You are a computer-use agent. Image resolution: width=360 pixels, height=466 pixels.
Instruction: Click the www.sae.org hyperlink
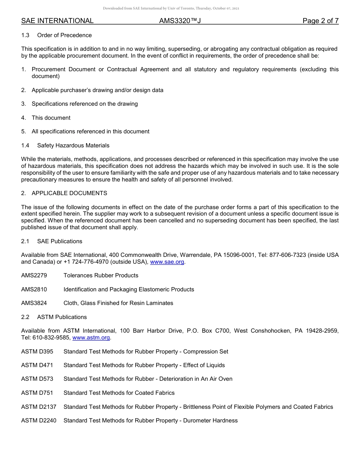(x=167, y=262)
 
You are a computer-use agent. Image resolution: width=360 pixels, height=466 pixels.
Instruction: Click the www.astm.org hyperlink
(x=91, y=338)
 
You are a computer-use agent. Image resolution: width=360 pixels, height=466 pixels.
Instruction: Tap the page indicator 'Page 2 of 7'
(x=320, y=21)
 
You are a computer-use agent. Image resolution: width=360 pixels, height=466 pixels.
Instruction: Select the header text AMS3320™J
(x=180, y=21)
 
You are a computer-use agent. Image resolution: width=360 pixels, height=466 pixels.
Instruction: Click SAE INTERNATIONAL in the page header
(x=57, y=21)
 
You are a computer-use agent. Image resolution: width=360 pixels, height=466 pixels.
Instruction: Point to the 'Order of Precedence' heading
(x=64, y=35)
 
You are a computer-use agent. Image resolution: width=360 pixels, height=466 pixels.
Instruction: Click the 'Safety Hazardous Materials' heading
(x=73, y=145)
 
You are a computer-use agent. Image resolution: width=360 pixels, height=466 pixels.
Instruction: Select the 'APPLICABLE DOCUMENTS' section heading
(x=69, y=193)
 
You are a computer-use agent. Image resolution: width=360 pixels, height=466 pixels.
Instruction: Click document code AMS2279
(x=34, y=275)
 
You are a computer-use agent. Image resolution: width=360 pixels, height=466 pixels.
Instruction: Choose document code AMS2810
(x=34, y=289)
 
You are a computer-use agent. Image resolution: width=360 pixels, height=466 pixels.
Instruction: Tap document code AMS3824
(x=34, y=303)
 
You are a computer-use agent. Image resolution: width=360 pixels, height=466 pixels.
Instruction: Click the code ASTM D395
(x=37, y=352)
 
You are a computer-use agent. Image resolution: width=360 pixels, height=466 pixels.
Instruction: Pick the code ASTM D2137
(x=39, y=407)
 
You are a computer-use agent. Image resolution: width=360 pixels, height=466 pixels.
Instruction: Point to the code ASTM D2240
(x=39, y=421)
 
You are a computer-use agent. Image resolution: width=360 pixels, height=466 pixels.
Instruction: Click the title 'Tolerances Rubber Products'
(x=101, y=275)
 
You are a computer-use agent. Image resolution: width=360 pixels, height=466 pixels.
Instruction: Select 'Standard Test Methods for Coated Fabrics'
(x=119, y=393)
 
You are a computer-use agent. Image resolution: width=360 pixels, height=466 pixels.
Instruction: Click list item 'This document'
(x=51, y=118)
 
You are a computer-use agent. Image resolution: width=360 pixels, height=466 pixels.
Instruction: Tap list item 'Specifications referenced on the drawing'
(x=85, y=104)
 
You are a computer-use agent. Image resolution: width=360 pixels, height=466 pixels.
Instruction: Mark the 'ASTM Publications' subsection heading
(x=62, y=317)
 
